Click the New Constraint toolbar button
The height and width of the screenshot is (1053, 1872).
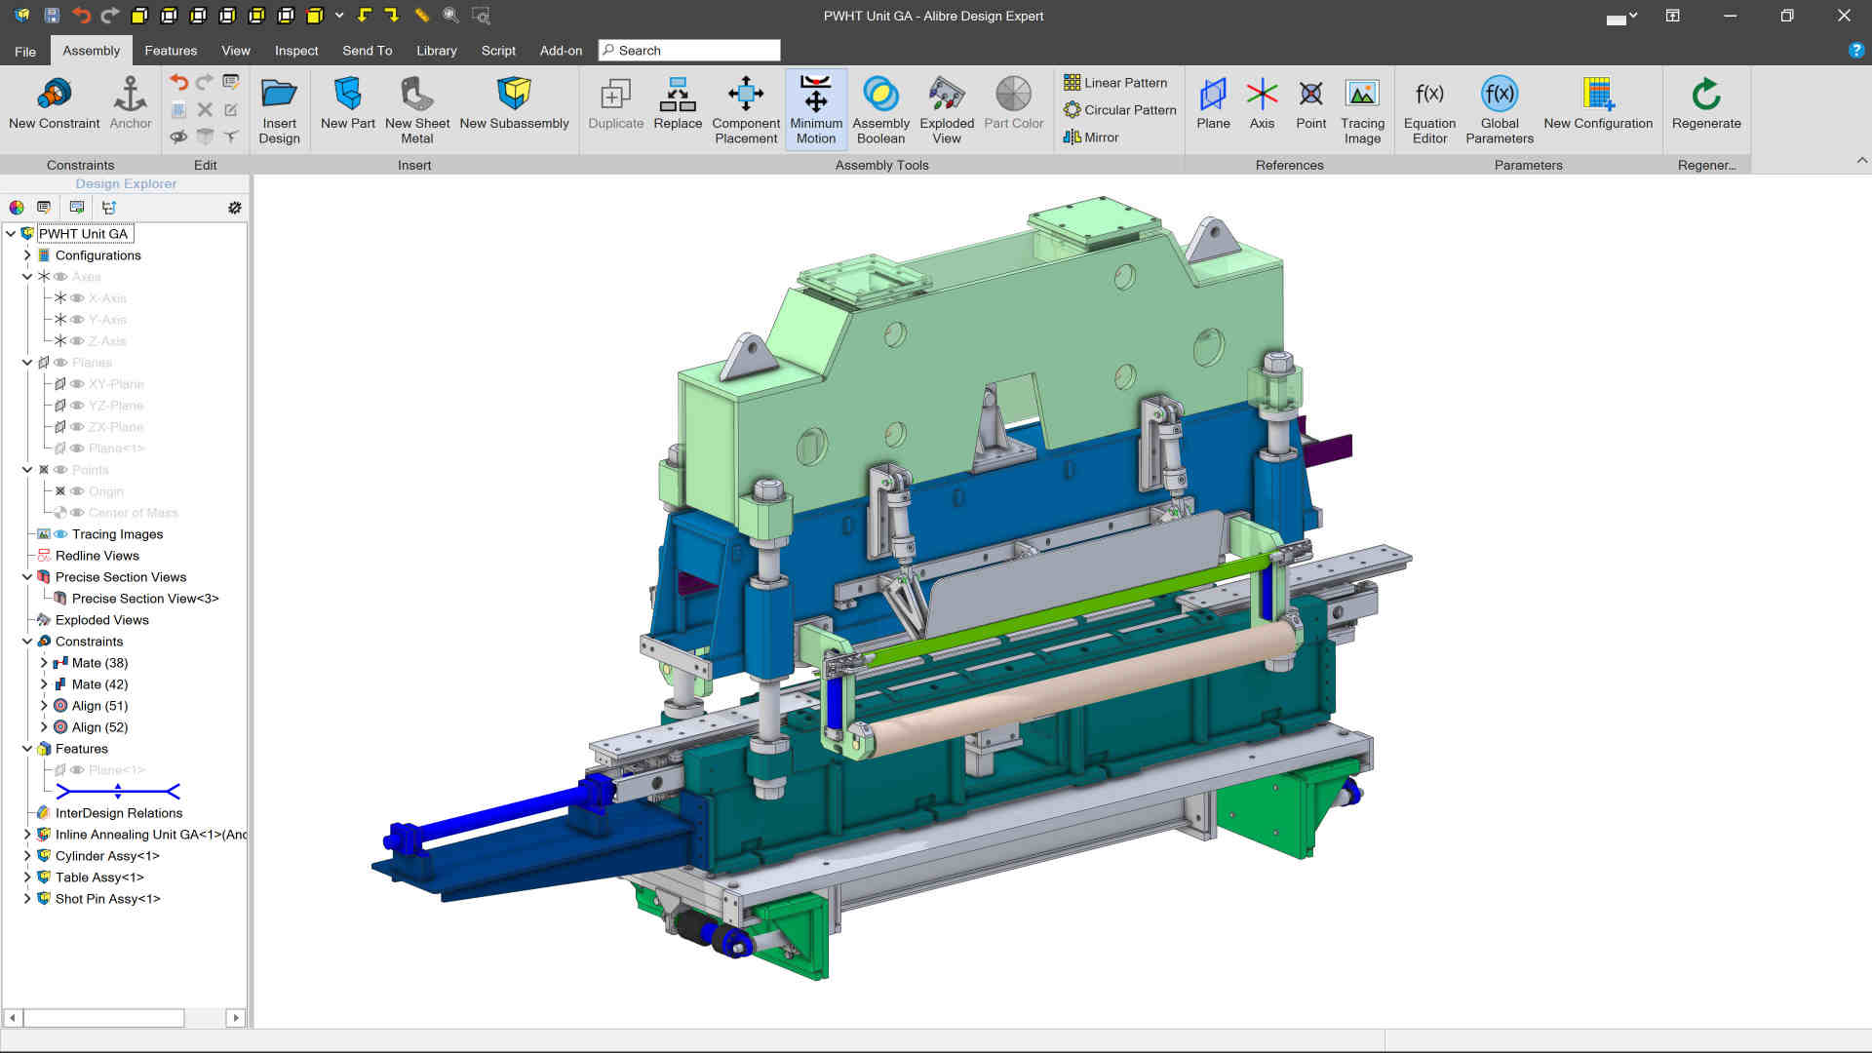[54, 103]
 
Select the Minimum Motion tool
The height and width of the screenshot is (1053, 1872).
[815, 108]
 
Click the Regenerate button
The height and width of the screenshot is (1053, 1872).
[1705, 103]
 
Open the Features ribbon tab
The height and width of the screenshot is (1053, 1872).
[171, 51]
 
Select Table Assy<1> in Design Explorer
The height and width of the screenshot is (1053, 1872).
[99, 877]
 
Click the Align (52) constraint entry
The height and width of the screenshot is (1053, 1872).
[99, 727]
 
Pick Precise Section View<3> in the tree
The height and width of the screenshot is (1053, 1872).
[144, 599]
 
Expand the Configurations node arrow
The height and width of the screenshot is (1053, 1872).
[27, 255]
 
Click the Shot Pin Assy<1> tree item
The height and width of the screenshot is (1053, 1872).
[107, 899]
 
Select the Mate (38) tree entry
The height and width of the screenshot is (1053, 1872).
[99, 663]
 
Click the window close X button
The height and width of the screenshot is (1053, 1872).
[1844, 16]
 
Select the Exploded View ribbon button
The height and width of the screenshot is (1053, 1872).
[946, 108]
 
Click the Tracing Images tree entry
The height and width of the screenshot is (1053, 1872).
[117, 534]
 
